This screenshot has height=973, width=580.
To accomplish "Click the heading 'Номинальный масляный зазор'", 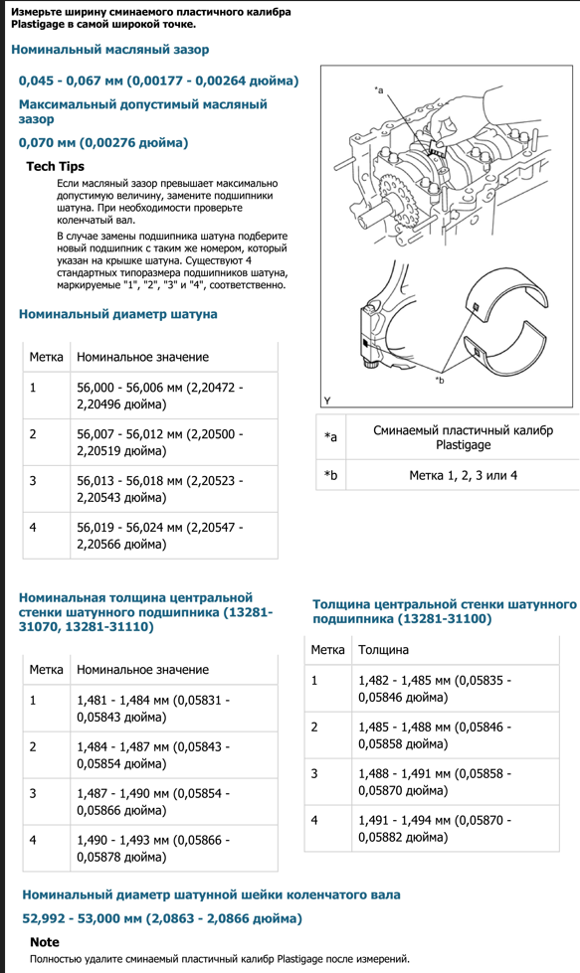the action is pyautogui.click(x=109, y=50).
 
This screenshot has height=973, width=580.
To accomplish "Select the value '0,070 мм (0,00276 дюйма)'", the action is pyautogui.click(x=103, y=143).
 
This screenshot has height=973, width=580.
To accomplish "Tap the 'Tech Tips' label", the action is pyautogui.click(x=56, y=166).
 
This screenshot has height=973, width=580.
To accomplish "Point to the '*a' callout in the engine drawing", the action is pyautogui.click(x=379, y=90).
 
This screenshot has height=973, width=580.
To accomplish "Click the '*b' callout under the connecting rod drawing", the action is pyautogui.click(x=440, y=381).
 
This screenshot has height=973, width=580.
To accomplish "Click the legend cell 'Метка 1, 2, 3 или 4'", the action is pyautogui.click(x=464, y=475).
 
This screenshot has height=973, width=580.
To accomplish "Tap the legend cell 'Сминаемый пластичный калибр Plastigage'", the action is pyautogui.click(x=464, y=437).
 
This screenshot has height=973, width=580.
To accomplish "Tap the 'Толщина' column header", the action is pyautogui.click(x=384, y=650).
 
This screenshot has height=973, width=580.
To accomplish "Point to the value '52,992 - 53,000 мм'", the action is pyautogui.click(x=162, y=918).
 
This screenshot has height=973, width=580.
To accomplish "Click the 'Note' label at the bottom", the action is pyautogui.click(x=45, y=942).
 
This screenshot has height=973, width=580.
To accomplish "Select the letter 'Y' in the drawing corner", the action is pyautogui.click(x=327, y=401).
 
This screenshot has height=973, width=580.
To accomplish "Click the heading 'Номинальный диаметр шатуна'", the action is pyautogui.click(x=118, y=314).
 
